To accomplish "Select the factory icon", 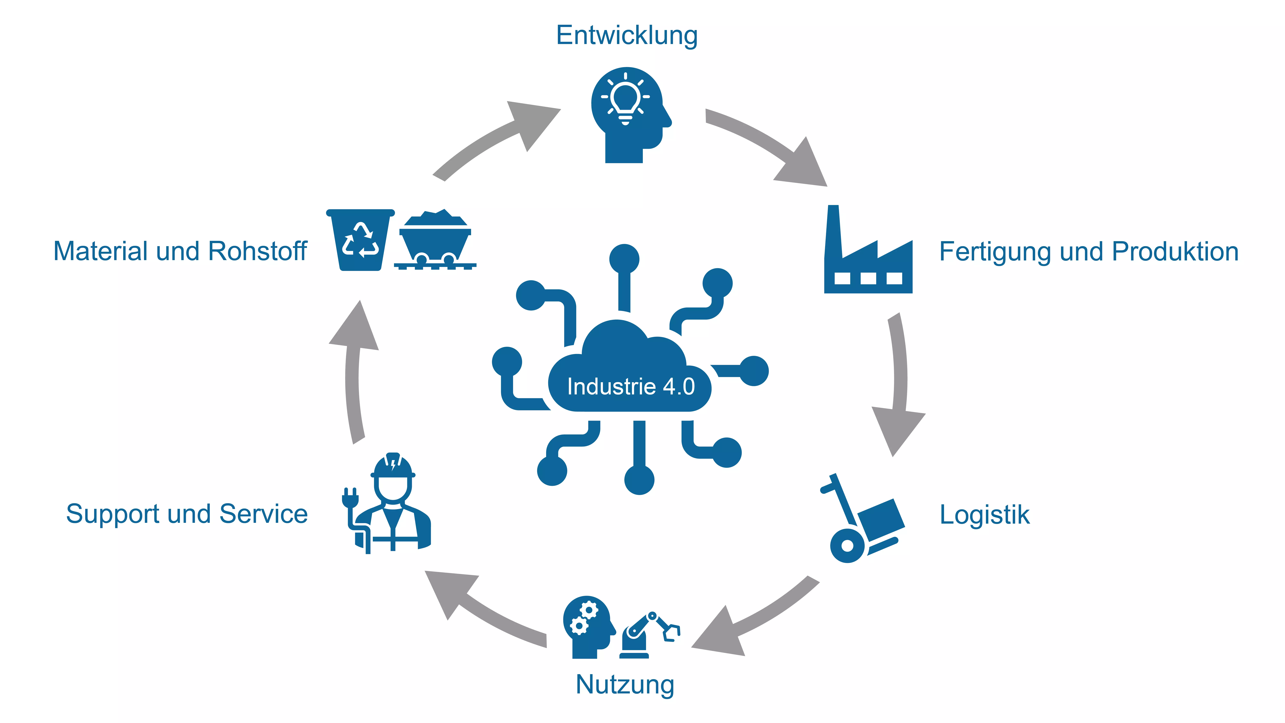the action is pos(868,249).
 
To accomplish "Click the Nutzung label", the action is pos(625,685).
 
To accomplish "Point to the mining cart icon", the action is pos(435,240).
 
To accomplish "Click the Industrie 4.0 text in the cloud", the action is pos(631,386).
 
